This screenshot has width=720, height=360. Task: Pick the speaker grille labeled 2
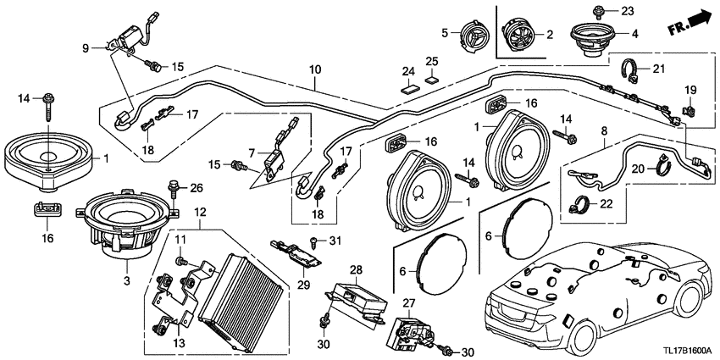click(519, 36)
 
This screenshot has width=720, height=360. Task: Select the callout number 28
click(357, 269)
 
